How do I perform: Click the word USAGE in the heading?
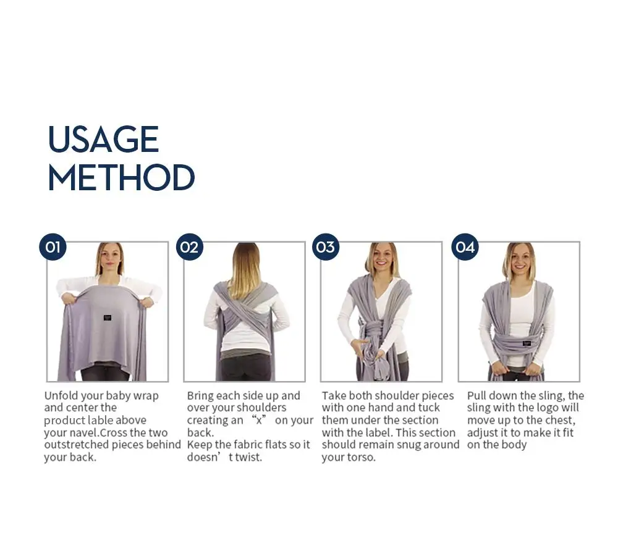pyautogui.click(x=103, y=139)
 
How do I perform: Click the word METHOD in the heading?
pyautogui.click(x=121, y=177)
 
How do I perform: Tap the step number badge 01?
pyautogui.click(x=53, y=247)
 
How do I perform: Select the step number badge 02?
pyautogui.click(x=190, y=247)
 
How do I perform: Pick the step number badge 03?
pyautogui.click(x=326, y=247)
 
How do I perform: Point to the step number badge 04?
pyautogui.click(x=465, y=247)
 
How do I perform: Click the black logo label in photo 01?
pyautogui.click(x=107, y=317)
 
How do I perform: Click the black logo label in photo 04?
pyautogui.click(x=527, y=343)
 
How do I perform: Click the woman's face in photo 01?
pyautogui.click(x=110, y=259)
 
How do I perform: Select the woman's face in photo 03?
pyautogui.click(x=381, y=259)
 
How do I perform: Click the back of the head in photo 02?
pyautogui.click(x=245, y=260)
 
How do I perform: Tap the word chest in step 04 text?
pyautogui.click(x=559, y=421)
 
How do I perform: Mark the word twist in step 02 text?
pyautogui.click(x=248, y=457)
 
